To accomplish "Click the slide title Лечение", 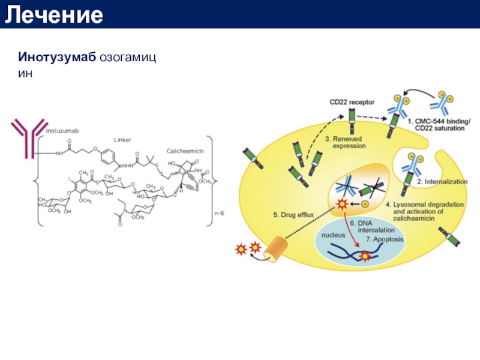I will pyautogui.click(x=54, y=15).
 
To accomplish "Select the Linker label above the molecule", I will pyautogui.click(x=122, y=139).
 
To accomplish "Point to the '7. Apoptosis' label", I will pyautogui.click(x=385, y=239).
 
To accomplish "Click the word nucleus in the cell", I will pyautogui.click(x=334, y=235).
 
